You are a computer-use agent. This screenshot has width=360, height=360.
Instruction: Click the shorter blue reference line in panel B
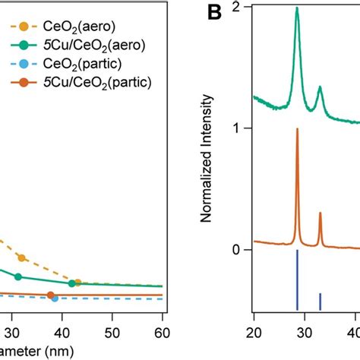(320, 301)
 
